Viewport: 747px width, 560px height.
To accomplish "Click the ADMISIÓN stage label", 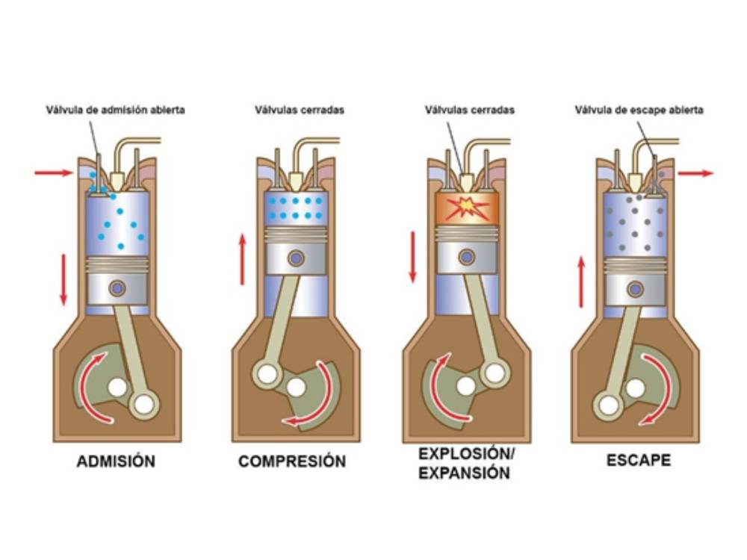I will (x=116, y=461).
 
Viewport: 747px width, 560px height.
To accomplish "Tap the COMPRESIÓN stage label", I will (x=292, y=461).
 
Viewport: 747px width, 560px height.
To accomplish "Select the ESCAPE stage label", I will (x=638, y=460).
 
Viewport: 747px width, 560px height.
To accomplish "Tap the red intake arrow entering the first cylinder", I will (x=54, y=172).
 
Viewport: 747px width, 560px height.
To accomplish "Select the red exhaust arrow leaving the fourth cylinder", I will (x=695, y=172).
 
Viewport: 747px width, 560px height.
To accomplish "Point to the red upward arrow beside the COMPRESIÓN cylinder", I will (x=242, y=258).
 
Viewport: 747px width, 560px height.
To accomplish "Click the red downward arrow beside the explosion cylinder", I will (x=412, y=256).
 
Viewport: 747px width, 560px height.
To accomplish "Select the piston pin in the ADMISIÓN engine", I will (x=117, y=287).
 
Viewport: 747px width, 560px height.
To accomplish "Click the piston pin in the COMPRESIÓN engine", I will (x=297, y=258).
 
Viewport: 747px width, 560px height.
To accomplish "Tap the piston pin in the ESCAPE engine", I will (x=636, y=288).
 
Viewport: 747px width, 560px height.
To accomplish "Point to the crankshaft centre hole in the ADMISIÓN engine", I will (x=117, y=388).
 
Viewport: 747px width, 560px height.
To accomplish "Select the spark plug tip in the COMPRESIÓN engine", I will (x=296, y=181).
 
